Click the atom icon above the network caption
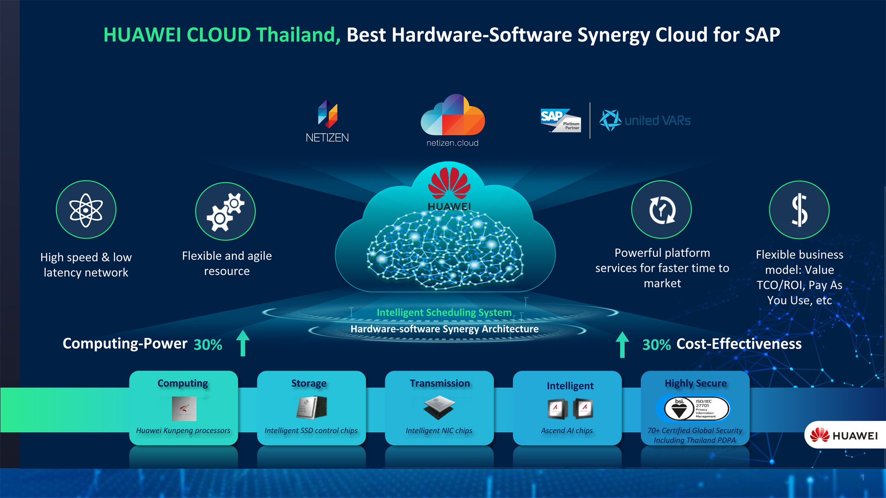[x=86, y=210]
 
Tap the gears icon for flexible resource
[x=225, y=211]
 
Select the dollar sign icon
[x=799, y=210]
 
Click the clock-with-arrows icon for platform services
[x=661, y=210]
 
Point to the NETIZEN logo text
[x=327, y=137]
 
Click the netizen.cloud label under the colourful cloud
[x=453, y=143]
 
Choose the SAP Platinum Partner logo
[x=560, y=120]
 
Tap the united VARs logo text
[x=657, y=121]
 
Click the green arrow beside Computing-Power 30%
[x=243, y=343]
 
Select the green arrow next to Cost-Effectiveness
[x=622, y=345]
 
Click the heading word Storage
[x=309, y=383]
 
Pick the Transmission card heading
[x=440, y=383]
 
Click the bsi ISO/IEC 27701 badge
[x=693, y=409]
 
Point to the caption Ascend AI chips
[x=567, y=431]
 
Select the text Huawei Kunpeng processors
[x=183, y=431]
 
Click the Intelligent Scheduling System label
[x=444, y=313]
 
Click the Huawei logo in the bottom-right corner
[x=844, y=435]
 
